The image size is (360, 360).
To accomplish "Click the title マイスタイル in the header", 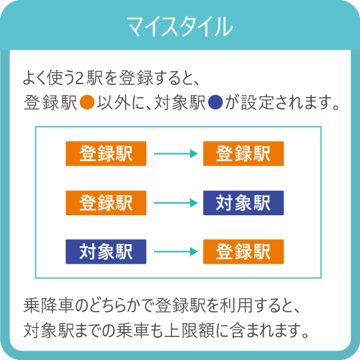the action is point(180,27).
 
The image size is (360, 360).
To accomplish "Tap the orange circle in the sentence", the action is point(87,102).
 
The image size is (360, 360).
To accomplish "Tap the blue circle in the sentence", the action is point(215,102).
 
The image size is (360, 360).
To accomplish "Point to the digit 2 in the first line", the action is point(79,78).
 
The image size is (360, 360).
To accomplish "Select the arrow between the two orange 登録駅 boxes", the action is point(176,153).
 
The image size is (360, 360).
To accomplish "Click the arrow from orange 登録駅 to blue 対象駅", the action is point(176,203).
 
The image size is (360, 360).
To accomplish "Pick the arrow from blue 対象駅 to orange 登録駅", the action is point(176,251).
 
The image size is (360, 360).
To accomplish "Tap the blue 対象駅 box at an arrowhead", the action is point(243,203).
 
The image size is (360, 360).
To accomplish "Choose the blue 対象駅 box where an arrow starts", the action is point(106,251).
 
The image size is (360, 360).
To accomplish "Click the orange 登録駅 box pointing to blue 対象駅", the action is point(106,203).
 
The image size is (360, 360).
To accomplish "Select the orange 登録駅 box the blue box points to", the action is point(243,251).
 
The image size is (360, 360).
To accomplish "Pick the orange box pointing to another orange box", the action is point(106,153).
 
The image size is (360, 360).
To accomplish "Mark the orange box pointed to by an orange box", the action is point(243,153).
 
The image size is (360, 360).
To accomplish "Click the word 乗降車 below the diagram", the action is point(48,305).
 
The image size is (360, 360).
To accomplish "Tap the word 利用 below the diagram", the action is point(236,305).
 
